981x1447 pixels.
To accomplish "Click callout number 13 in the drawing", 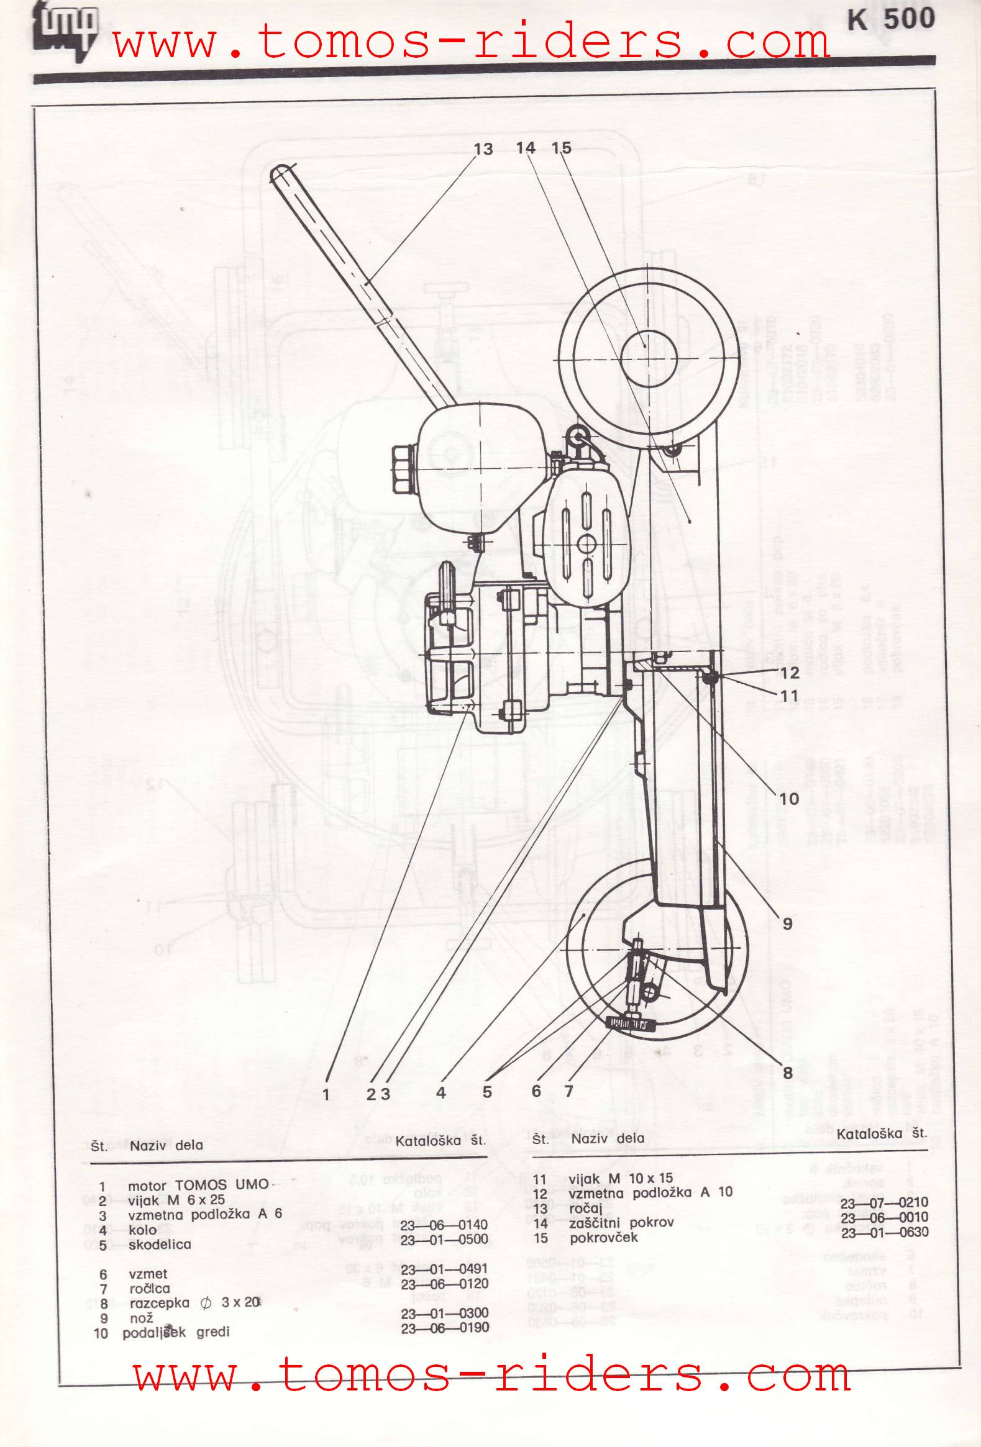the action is pyautogui.click(x=483, y=150).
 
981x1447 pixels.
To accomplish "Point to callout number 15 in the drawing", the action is pyautogui.click(x=561, y=148).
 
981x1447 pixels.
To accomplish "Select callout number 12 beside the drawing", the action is pyautogui.click(x=789, y=673).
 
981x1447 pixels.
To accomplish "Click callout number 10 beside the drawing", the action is pyautogui.click(x=788, y=798).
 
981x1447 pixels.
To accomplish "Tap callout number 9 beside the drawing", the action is pyautogui.click(x=787, y=923).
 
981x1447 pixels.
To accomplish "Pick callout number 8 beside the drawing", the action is pyautogui.click(x=787, y=1072).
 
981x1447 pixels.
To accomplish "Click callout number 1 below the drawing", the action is pyautogui.click(x=326, y=1095).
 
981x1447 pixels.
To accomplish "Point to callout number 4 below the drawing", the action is pyautogui.click(x=441, y=1093).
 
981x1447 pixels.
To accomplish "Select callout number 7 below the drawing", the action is pyautogui.click(x=568, y=1091).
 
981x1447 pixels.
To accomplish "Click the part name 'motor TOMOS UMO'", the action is pyautogui.click(x=198, y=1186).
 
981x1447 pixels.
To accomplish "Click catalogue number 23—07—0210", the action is pyautogui.click(x=884, y=1202).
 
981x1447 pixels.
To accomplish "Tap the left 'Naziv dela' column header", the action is pyautogui.click(x=166, y=1145).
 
